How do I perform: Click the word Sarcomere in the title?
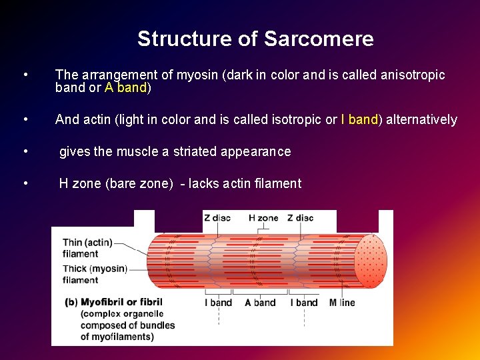point(319,39)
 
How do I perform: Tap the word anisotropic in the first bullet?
point(413,75)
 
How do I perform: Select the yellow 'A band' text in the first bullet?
point(125,87)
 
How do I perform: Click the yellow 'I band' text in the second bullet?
point(359,120)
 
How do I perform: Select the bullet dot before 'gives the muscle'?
point(25,151)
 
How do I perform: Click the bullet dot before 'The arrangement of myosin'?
point(25,75)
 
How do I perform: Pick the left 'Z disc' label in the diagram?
point(217,218)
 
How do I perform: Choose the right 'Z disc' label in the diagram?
point(300,218)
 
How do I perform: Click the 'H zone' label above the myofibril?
point(263,218)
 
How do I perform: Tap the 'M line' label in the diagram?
point(342,303)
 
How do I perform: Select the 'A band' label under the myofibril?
point(260,303)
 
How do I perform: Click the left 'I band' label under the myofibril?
point(219,303)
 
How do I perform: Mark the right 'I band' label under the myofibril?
point(304,303)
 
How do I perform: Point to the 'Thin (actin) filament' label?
point(87,248)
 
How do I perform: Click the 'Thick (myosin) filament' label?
point(94,274)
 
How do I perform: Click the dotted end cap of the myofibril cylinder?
point(371,260)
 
